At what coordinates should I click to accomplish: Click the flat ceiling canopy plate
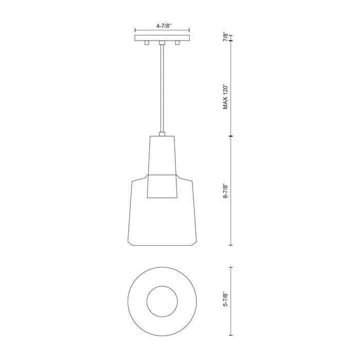coord(162,38)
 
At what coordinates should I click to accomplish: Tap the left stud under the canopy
coord(147,43)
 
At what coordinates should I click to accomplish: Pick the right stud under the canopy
coord(178,43)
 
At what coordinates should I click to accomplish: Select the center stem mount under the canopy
coord(162,44)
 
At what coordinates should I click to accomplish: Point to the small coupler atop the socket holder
coord(162,134)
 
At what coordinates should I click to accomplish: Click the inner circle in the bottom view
coord(162,301)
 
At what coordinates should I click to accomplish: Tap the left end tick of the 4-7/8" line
coord(135,29)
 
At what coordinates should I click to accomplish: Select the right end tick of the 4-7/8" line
coord(189,29)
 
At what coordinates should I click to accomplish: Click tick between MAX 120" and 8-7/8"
coord(231,136)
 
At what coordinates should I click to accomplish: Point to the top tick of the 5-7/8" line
coord(231,267)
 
